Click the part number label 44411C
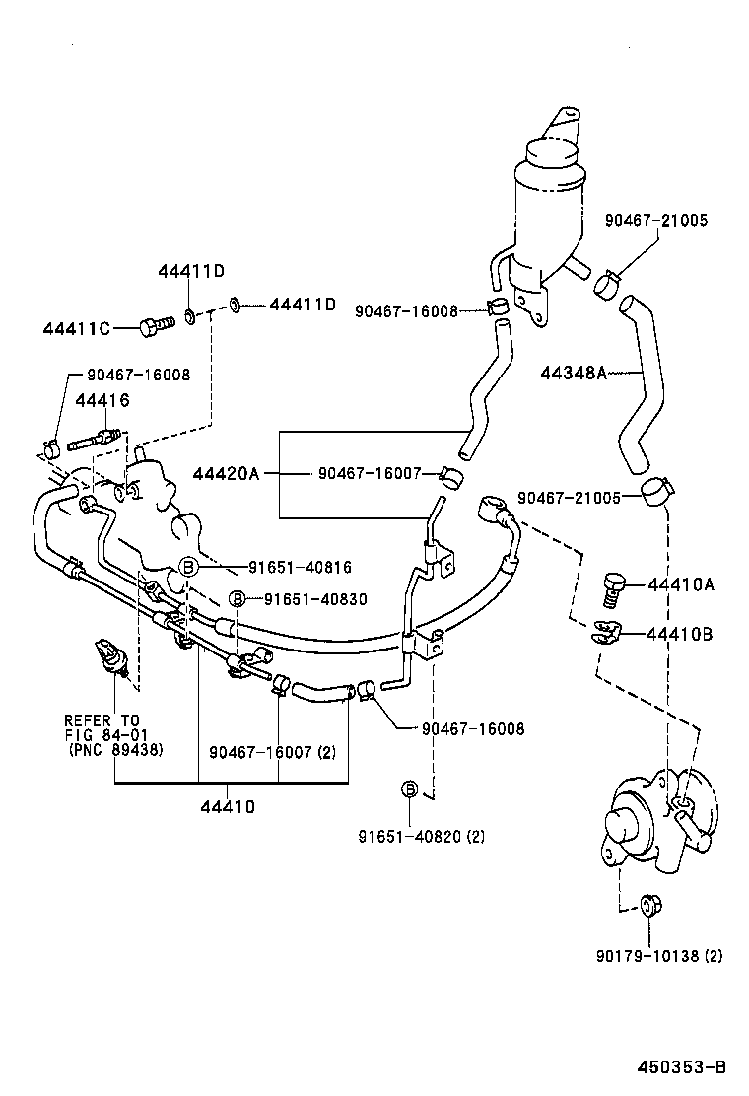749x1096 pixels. [x=76, y=327]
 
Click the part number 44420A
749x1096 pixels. [x=226, y=474]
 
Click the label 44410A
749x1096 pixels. [x=680, y=584]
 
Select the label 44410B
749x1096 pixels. [x=680, y=633]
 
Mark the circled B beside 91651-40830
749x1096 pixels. [x=237, y=598]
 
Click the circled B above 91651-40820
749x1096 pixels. [x=410, y=788]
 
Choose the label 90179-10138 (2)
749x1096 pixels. [x=659, y=955]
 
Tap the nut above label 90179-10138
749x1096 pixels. [x=648, y=904]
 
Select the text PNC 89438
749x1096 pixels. [x=114, y=750]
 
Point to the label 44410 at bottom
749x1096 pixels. [x=228, y=805]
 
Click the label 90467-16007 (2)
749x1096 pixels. [x=273, y=752]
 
